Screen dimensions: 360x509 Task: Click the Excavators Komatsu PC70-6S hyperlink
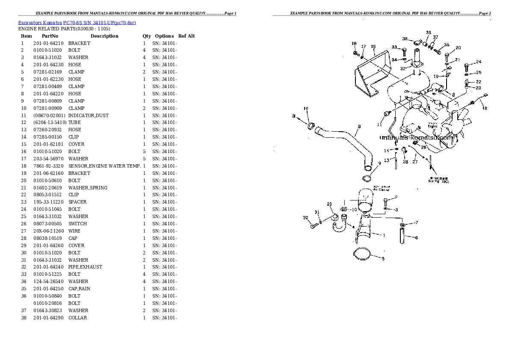pos(77,22)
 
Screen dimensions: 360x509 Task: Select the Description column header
pos(104,36)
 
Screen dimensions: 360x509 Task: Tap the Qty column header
pos(147,36)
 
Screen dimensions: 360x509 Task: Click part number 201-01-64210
pos(48,43)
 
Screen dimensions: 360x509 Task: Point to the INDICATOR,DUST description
pos(88,115)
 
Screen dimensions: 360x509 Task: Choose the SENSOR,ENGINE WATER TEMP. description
pos(104,166)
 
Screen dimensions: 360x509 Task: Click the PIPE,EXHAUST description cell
pos(85,267)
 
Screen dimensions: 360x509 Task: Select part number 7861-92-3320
pos(48,166)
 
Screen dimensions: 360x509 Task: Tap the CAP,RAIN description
pos(79,289)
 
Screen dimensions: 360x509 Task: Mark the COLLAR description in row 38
pos(77,318)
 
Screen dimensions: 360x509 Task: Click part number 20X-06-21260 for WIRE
pos(48,231)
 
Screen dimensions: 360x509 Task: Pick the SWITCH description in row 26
pos(77,224)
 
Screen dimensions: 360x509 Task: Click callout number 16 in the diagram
pos(354,43)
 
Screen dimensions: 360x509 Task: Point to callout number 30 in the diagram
pos(306,218)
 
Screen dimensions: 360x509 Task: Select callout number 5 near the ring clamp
pos(383,259)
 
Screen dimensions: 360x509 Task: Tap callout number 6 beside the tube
pos(416,238)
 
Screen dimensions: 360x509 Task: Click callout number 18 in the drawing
pos(485,108)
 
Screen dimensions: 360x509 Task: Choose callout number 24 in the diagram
pos(479,62)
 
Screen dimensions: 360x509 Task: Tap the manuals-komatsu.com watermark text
pos(417,138)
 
